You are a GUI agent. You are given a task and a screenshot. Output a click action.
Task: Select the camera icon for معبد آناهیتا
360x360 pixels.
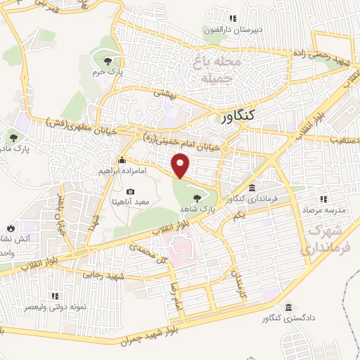(x=130, y=191)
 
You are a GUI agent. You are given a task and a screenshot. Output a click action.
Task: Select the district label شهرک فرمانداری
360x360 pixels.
(x=326, y=239)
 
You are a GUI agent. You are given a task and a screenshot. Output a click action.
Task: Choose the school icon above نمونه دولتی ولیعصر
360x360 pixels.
(x=55, y=296)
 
